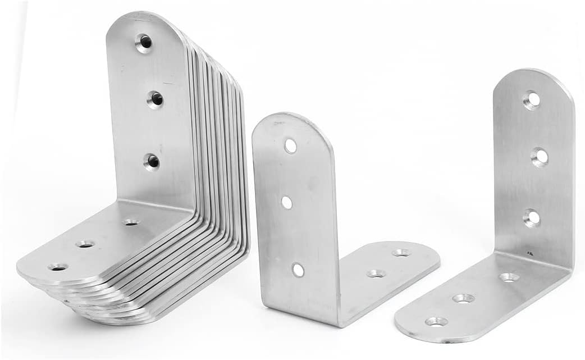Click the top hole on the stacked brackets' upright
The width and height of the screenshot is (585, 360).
click(144, 42)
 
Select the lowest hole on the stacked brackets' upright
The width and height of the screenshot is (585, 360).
click(152, 162)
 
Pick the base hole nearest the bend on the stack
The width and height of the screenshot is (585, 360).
click(131, 222)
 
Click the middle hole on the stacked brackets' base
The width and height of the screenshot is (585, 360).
click(86, 244)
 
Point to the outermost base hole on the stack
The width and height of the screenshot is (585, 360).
click(57, 267)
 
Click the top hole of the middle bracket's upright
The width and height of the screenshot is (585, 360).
click(290, 146)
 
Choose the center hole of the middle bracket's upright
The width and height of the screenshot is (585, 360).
click(287, 202)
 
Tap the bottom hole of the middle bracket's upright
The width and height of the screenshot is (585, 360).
click(298, 270)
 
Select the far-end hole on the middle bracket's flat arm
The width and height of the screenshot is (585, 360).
click(401, 253)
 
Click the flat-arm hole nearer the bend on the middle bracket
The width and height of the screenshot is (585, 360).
click(376, 274)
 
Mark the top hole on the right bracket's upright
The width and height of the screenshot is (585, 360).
click(531, 100)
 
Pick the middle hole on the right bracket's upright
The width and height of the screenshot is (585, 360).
click(540, 157)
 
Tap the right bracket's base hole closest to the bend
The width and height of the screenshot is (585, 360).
click(509, 277)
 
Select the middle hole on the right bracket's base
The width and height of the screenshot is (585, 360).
click(463, 298)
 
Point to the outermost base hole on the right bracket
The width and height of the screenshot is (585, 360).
click(436, 322)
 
